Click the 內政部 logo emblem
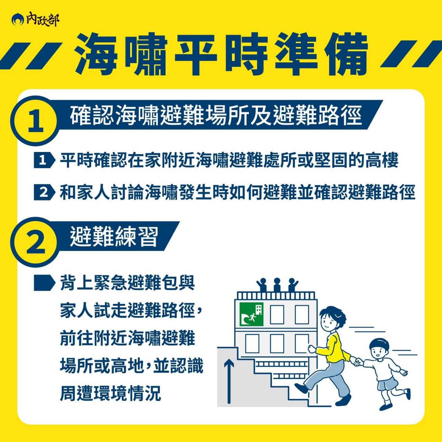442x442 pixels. click(x=17, y=20)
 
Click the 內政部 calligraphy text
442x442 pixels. click(x=42, y=20)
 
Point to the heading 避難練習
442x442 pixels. click(x=114, y=237)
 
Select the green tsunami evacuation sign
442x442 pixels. click(x=251, y=314)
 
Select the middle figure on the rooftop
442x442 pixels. click(x=277, y=285)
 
